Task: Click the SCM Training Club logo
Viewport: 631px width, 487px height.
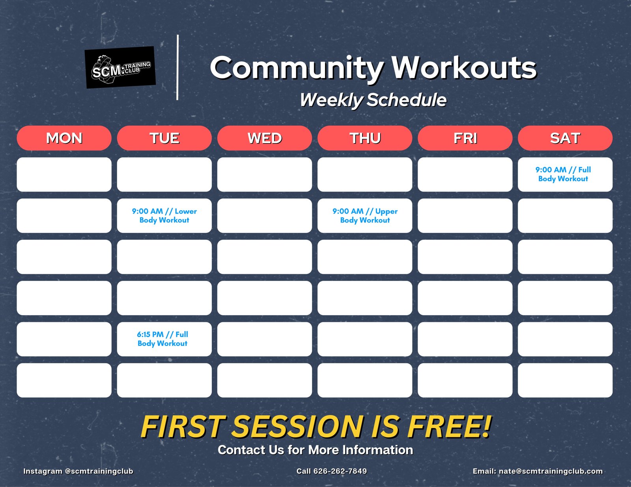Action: (120, 67)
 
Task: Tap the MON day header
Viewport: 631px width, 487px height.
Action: (64, 138)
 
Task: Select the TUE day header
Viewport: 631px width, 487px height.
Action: (164, 138)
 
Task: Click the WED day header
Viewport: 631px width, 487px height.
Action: (265, 138)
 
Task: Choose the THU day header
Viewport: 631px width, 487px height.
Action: (365, 138)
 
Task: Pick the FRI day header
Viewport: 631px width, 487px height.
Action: (465, 138)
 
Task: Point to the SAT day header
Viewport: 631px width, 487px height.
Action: (565, 138)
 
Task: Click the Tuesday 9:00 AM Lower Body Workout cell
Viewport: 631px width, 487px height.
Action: (164, 216)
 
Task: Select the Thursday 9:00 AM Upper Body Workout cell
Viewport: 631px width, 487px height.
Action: (365, 216)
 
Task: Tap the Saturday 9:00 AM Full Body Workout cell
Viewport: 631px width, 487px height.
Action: (565, 174)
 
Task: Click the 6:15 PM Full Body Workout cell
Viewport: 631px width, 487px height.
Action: (164, 339)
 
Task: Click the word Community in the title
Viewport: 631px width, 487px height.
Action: (297, 69)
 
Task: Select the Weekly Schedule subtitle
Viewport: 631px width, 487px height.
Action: (373, 100)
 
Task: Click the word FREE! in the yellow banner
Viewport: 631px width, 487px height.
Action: (449, 426)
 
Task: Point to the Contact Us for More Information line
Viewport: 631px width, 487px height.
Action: (315, 450)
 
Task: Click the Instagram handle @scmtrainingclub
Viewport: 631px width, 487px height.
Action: (99, 471)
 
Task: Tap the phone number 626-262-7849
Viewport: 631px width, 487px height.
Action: (340, 471)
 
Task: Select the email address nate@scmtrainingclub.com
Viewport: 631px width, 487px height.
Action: (551, 471)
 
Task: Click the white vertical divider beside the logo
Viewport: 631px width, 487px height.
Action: (177, 67)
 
